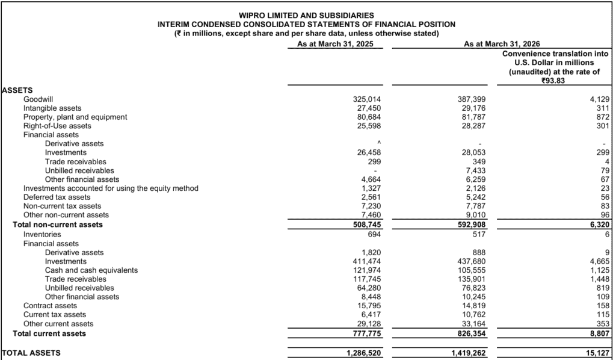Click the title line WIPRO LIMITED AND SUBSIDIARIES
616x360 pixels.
[306, 15]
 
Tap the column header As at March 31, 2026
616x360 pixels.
[501, 44]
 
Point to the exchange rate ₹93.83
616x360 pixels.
[553, 81]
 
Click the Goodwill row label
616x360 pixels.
[37, 99]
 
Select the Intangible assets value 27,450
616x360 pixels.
[366, 108]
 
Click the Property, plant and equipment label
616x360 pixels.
[75, 117]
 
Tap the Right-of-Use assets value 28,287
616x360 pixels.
[473, 126]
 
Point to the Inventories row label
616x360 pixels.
[42, 234]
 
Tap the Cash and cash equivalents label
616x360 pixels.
[91, 270]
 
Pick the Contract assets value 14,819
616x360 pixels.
[473, 306]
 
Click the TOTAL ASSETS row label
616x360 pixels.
[31, 353]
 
